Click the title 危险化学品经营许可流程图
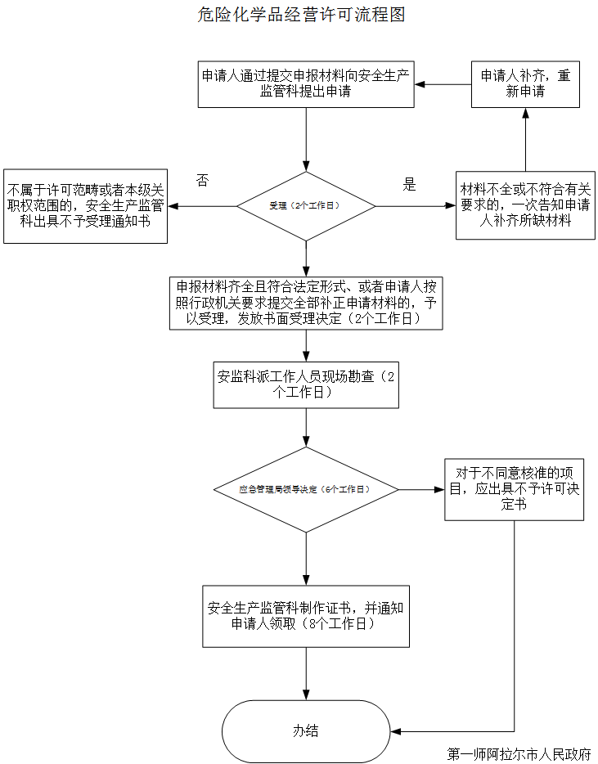point(301,15)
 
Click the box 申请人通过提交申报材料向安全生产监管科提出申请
point(306,84)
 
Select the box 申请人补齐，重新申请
point(525,84)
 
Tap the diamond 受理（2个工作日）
point(306,206)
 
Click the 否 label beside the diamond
point(202,181)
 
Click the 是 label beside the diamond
point(409,184)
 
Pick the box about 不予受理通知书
point(85,206)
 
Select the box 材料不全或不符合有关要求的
point(525,205)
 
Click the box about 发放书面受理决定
point(306,303)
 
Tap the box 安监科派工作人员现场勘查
point(306,385)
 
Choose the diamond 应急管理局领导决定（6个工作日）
point(306,490)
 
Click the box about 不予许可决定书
point(515,490)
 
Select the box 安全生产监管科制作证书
point(306,617)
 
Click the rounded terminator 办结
point(306,731)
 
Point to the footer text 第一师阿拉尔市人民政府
point(519,754)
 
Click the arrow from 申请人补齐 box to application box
point(443,84)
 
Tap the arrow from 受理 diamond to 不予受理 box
point(202,206)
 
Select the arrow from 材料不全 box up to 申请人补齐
point(525,139)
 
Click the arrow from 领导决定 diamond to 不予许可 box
point(421,490)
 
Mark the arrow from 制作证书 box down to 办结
point(306,674)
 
